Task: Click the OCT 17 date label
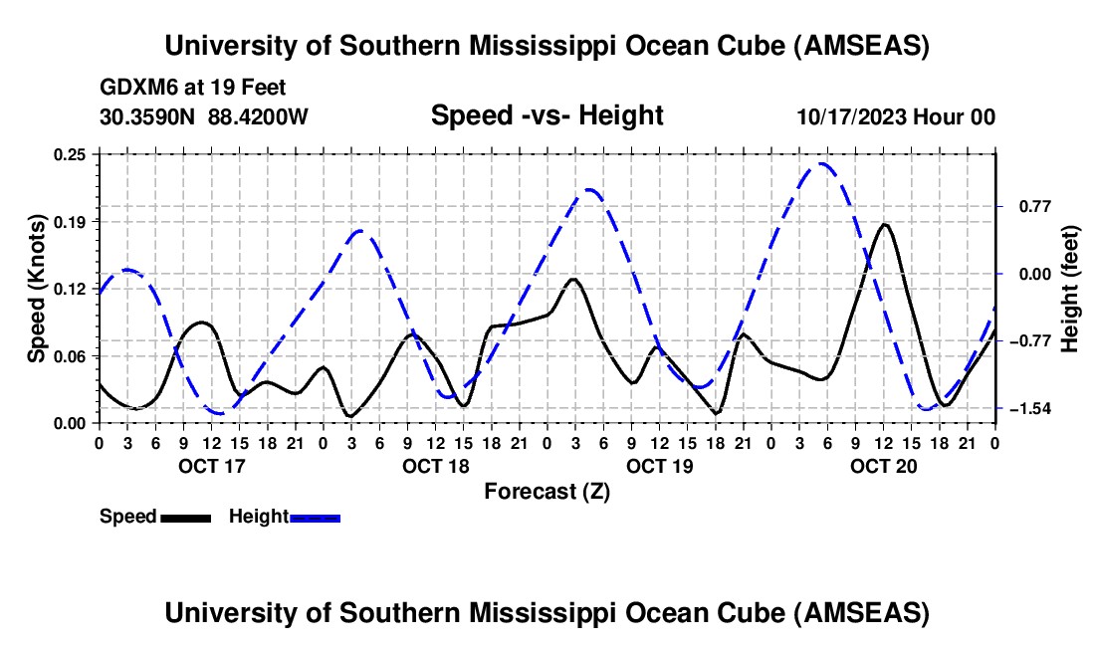pos(211,466)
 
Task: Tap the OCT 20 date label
pos(883,466)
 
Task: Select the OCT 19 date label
pos(660,466)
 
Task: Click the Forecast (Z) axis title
pos(546,491)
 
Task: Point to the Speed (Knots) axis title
pos(37,289)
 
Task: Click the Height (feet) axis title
pos(1070,289)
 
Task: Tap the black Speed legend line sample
pos(185,518)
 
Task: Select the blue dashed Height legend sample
pos(315,518)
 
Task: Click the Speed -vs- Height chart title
pos(547,115)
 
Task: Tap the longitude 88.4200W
pos(259,116)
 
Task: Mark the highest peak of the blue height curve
pos(822,163)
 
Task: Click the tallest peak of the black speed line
pos(884,224)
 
